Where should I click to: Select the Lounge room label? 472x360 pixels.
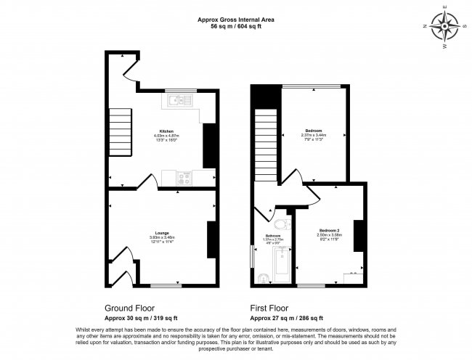[160, 233]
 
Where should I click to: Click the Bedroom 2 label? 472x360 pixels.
[329, 230]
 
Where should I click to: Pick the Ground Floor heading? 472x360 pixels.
[129, 308]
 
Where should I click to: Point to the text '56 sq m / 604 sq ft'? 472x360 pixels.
[235, 26]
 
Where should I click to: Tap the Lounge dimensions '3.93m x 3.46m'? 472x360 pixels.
[160, 237]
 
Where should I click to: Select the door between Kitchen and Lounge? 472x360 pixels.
[147, 182]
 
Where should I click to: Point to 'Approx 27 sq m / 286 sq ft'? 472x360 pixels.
[286, 318]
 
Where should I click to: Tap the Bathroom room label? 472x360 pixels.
[273, 237]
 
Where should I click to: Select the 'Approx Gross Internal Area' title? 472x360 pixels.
[235, 20]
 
